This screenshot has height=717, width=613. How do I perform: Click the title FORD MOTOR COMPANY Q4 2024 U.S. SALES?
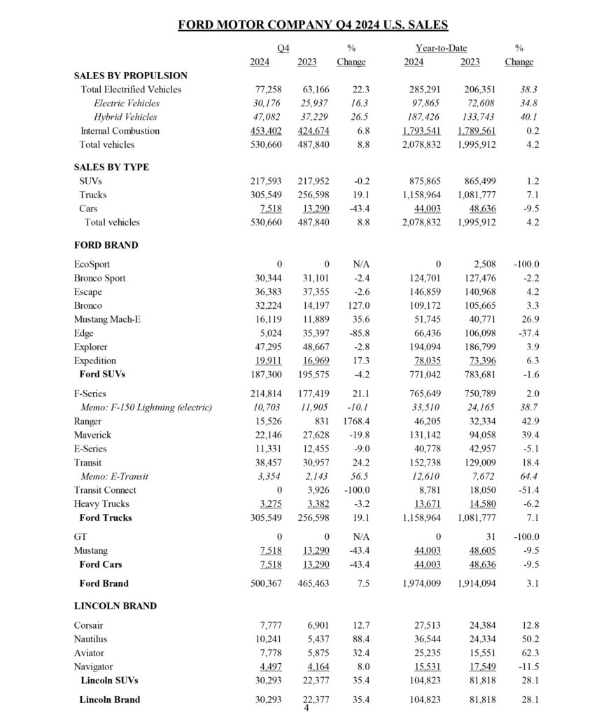point(313,25)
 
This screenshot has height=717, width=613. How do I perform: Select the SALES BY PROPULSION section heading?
point(130,76)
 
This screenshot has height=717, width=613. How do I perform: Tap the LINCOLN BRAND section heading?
point(115,606)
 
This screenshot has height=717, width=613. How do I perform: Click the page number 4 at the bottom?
point(306,708)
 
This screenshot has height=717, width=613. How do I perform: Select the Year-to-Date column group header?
point(439,48)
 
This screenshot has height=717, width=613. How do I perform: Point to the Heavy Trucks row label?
point(101,504)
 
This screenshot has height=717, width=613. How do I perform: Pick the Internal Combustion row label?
point(120,131)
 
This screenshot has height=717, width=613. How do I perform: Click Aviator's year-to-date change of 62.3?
point(528,653)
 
